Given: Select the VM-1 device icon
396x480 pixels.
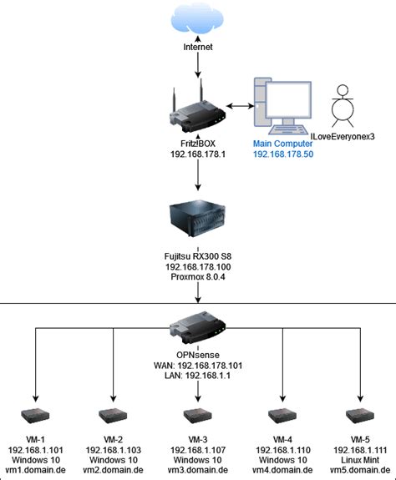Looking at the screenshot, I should [36, 415].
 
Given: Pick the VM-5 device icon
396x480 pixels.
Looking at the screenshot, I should [360, 415].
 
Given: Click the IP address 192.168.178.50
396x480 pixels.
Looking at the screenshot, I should [283, 155].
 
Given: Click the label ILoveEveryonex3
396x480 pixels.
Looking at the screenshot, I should [342, 136].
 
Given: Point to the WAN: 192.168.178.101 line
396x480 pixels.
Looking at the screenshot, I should [198, 365].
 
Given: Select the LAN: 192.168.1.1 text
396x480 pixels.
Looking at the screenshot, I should [198, 376].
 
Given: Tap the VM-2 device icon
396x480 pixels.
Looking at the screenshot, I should [113, 415].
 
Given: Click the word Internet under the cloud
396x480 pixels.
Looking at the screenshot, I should [198, 48].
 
